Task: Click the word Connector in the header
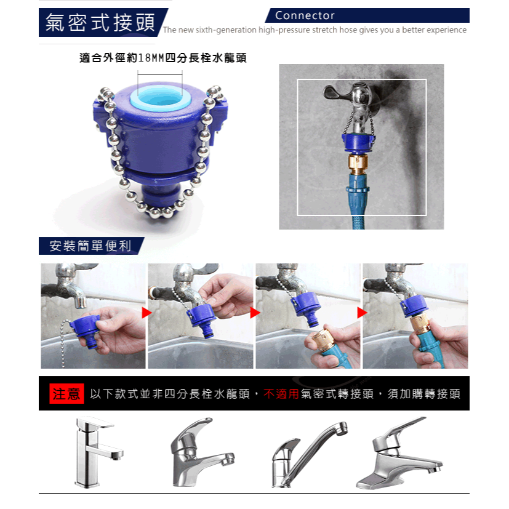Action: point(305,15)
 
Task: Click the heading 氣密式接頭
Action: point(100,23)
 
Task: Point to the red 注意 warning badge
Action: point(66,394)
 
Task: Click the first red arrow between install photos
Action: point(146,313)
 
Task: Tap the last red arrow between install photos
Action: point(362,313)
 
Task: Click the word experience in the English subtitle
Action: point(446,30)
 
